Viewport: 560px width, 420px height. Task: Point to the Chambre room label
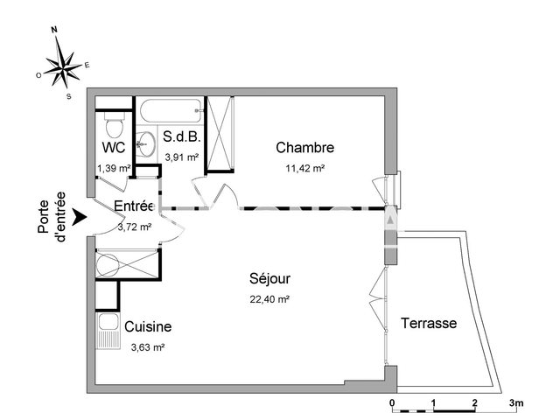304,147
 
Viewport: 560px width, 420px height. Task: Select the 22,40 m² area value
269,298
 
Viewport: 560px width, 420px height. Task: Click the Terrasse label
429,323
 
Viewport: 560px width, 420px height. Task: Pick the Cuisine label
148,327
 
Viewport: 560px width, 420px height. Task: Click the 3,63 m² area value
147,346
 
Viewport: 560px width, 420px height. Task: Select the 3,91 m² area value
182,157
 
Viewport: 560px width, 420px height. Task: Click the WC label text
112,147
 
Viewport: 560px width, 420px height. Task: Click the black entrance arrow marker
80,215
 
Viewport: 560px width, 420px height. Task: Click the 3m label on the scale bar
516,403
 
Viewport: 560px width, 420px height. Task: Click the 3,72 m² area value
135,226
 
